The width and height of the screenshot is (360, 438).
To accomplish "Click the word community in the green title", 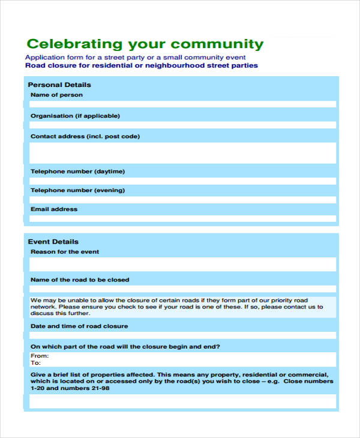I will point(217,44).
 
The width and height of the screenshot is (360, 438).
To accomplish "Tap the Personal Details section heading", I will point(59,85).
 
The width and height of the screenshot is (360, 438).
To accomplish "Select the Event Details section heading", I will point(53,242).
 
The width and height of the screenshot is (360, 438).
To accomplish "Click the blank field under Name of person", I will point(183,104).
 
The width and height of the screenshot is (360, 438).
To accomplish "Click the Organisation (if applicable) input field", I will point(183,125).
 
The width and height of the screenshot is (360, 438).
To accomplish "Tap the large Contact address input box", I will point(183,152).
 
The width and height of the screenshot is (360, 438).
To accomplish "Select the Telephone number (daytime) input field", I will point(183,181).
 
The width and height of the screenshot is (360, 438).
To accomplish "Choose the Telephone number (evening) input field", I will point(183,200).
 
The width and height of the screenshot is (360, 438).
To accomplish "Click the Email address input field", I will point(183,219).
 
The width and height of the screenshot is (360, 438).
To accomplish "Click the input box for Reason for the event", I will point(183,265).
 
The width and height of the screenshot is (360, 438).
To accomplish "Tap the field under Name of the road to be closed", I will point(183,289).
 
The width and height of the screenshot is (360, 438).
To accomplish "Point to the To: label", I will point(36,363).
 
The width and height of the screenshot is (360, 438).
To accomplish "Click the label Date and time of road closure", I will point(79,326).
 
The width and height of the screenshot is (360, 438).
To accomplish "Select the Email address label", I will point(54,209).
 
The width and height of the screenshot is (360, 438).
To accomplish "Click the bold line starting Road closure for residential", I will point(142,65).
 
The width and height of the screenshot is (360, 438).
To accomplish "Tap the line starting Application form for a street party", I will point(135,57).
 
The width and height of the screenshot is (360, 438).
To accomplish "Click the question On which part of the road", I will point(125,346).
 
